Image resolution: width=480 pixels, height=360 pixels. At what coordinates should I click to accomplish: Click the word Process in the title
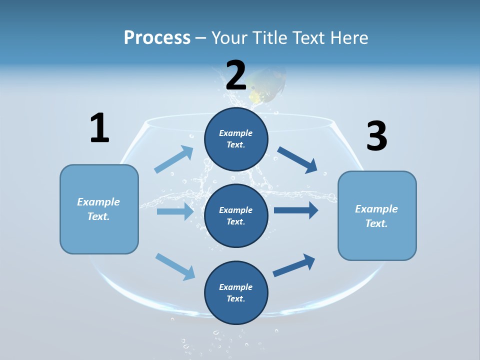pyautogui.click(x=157, y=38)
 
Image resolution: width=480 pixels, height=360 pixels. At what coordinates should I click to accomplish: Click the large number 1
pyautogui.click(x=99, y=128)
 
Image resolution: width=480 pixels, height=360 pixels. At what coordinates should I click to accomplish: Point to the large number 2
pyautogui.click(x=236, y=75)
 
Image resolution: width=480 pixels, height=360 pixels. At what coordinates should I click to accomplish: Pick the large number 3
pyautogui.click(x=376, y=136)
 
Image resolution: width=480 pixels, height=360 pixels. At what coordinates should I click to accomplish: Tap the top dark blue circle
pyautogui.click(x=236, y=139)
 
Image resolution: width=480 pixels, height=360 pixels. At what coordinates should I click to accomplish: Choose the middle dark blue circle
pyautogui.click(x=236, y=215)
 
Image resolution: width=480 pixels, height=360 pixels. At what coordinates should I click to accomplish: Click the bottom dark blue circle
pyautogui.click(x=236, y=292)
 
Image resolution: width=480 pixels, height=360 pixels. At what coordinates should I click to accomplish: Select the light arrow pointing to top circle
pyautogui.click(x=174, y=159)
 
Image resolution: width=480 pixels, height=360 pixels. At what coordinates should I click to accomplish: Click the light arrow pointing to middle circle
pyautogui.click(x=175, y=211)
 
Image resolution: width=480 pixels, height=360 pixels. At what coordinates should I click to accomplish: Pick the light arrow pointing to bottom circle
pyautogui.click(x=175, y=266)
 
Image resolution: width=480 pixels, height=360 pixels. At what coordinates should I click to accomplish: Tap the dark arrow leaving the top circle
pyautogui.click(x=297, y=159)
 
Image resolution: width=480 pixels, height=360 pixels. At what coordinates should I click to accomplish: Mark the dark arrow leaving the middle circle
pyautogui.click(x=296, y=210)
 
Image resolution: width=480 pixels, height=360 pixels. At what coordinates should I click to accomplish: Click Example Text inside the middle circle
pyautogui.click(x=236, y=215)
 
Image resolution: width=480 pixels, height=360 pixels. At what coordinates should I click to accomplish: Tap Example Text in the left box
pyautogui.click(x=98, y=209)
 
